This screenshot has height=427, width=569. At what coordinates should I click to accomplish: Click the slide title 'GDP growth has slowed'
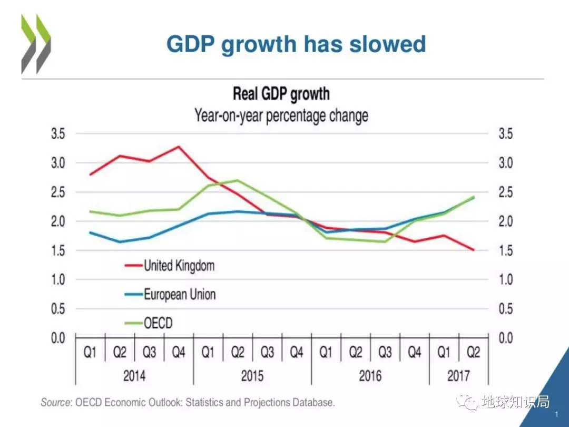296,44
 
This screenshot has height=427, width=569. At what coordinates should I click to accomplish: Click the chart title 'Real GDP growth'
281,94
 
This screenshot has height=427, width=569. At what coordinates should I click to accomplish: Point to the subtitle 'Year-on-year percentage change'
281,115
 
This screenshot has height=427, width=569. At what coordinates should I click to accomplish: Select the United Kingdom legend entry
179,265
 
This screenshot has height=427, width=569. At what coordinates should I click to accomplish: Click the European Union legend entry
180,294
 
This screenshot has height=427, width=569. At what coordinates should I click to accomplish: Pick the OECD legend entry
158,323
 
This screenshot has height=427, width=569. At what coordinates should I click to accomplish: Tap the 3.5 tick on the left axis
58,134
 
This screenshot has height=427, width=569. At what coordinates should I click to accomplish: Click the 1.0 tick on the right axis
505,279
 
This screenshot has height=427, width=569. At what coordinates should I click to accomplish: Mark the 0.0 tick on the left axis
58,337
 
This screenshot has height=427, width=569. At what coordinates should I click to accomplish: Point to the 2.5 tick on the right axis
505,192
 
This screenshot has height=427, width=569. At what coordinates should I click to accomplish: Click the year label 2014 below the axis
134,376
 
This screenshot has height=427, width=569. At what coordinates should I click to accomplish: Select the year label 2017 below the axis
458,376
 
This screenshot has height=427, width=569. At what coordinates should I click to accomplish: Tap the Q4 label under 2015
297,352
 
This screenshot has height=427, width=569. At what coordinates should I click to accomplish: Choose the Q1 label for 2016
326,352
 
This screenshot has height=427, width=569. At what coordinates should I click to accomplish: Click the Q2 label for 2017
474,352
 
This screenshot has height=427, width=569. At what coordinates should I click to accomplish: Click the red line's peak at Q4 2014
179,147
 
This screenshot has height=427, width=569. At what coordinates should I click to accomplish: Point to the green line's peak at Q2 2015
238,180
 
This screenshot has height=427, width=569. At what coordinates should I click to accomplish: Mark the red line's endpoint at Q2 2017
474,250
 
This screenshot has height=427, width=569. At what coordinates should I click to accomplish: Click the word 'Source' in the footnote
56,403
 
